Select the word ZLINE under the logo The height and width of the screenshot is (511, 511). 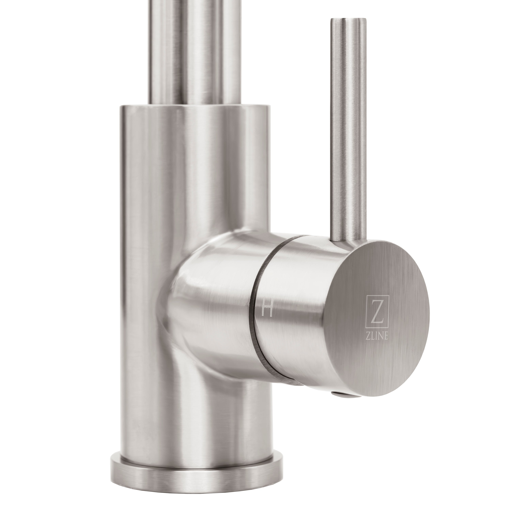pos(377,337)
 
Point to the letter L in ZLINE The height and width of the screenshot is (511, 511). pos(373,337)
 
